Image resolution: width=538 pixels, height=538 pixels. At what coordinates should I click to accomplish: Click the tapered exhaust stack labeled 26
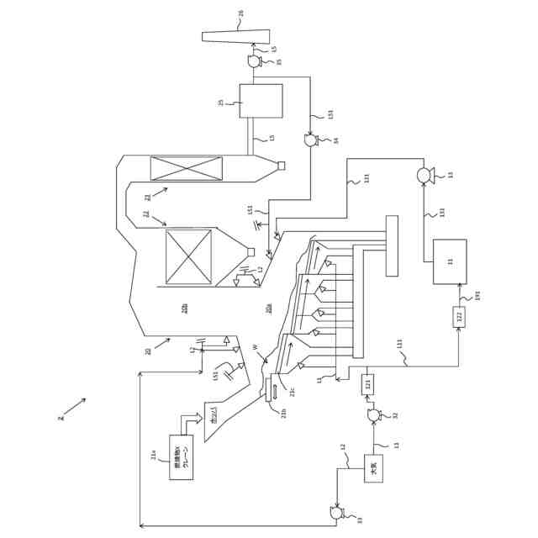click(236, 36)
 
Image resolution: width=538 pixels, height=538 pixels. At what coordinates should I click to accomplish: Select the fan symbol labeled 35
click(255, 61)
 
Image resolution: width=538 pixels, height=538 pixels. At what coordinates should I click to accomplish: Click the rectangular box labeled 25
click(261, 101)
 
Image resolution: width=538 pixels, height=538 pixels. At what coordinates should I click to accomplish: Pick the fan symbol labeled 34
click(310, 141)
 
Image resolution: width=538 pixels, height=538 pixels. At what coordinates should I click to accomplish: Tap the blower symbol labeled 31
click(425, 175)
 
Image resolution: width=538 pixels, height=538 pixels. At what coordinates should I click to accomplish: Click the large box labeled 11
click(449, 261)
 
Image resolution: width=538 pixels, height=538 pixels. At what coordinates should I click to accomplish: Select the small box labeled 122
click(459, 317)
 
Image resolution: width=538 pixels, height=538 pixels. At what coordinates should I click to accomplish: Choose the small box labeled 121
click(367, 385)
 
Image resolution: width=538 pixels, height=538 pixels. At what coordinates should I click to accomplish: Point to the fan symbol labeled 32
click(373, 415)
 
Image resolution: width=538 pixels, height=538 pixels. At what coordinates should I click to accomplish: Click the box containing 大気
click(373, 468)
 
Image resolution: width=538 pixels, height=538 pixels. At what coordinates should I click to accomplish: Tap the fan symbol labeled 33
click(336, 512)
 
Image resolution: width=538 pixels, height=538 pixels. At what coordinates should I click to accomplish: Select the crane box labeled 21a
click(181, 457)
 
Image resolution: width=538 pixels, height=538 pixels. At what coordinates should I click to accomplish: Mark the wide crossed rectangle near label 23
click(187, 168)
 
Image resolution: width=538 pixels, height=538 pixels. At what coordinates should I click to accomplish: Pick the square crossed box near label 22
click(188, 256)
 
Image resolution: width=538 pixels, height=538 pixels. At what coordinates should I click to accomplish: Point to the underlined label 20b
click(185, 308)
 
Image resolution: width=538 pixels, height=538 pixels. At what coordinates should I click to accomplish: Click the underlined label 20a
click(269, 308)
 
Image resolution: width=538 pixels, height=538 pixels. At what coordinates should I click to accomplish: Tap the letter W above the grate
click(256, 346)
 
